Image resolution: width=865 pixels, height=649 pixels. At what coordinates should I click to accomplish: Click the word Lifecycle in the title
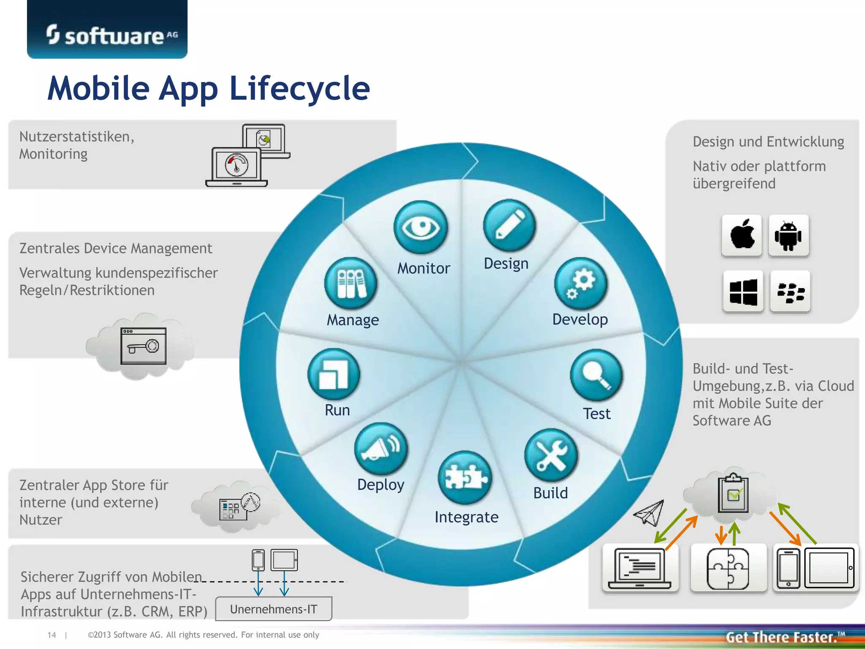tap(299, 88)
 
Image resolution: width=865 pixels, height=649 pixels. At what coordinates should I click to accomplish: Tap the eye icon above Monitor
tap(420, 228)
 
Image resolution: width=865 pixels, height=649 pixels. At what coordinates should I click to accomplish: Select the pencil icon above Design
tap(509, 226)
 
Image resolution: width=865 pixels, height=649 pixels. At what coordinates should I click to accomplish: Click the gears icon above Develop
tap(580, 284)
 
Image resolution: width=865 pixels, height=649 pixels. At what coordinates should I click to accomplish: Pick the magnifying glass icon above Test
tap(596, 375)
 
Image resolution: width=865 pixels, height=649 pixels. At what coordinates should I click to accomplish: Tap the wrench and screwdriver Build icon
tap(551, 455)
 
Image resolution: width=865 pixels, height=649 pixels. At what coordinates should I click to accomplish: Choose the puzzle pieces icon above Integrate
tap(465, 477)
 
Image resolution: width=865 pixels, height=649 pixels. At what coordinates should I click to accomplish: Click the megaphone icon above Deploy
tap(381, 449)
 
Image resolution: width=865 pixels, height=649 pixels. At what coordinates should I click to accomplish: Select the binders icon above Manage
tap(351, 284)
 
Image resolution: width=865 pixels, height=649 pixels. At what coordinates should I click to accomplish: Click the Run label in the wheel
tap(337, 410)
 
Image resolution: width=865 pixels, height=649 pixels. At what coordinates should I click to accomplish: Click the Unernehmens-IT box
tap(274, 609)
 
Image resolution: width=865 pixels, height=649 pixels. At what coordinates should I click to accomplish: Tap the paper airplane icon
tap(649, 513)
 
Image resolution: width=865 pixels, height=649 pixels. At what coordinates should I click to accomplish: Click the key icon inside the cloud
tap(143, 346)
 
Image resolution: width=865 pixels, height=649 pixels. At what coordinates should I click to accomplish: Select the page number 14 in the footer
tap(52, 635)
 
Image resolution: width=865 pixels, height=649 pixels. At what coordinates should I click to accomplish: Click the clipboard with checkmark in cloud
tap(734, 493)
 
